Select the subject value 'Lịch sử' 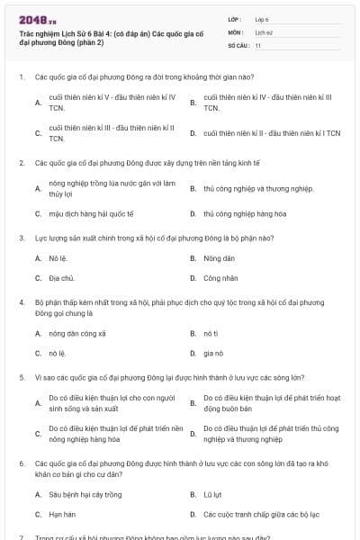263,31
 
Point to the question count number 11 258,44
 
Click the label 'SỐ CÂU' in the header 238,44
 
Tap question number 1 21,77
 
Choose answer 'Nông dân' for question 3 212,258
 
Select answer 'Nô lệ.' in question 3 58,258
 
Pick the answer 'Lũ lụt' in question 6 212,494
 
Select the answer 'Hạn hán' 62,515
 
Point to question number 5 21,378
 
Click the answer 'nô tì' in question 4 211,333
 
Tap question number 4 21,303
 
